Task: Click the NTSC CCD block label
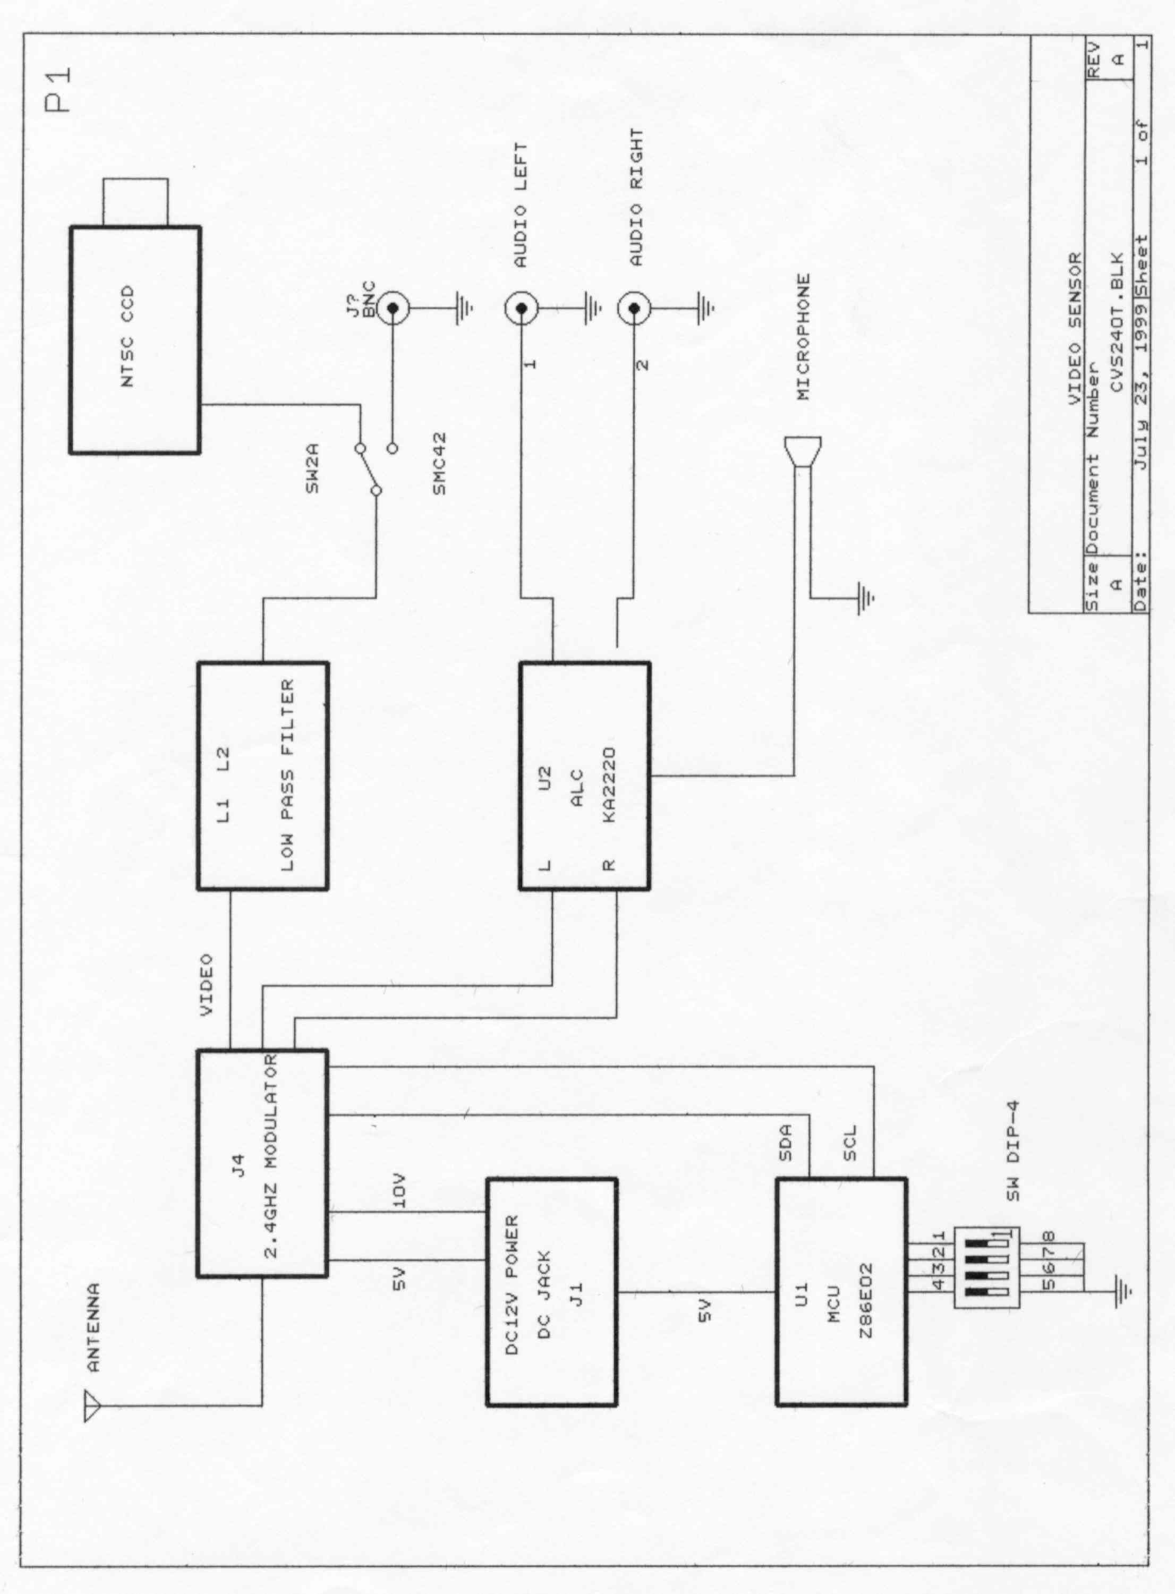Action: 128,340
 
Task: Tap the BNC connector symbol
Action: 392,308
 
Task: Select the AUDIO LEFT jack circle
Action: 521,308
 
